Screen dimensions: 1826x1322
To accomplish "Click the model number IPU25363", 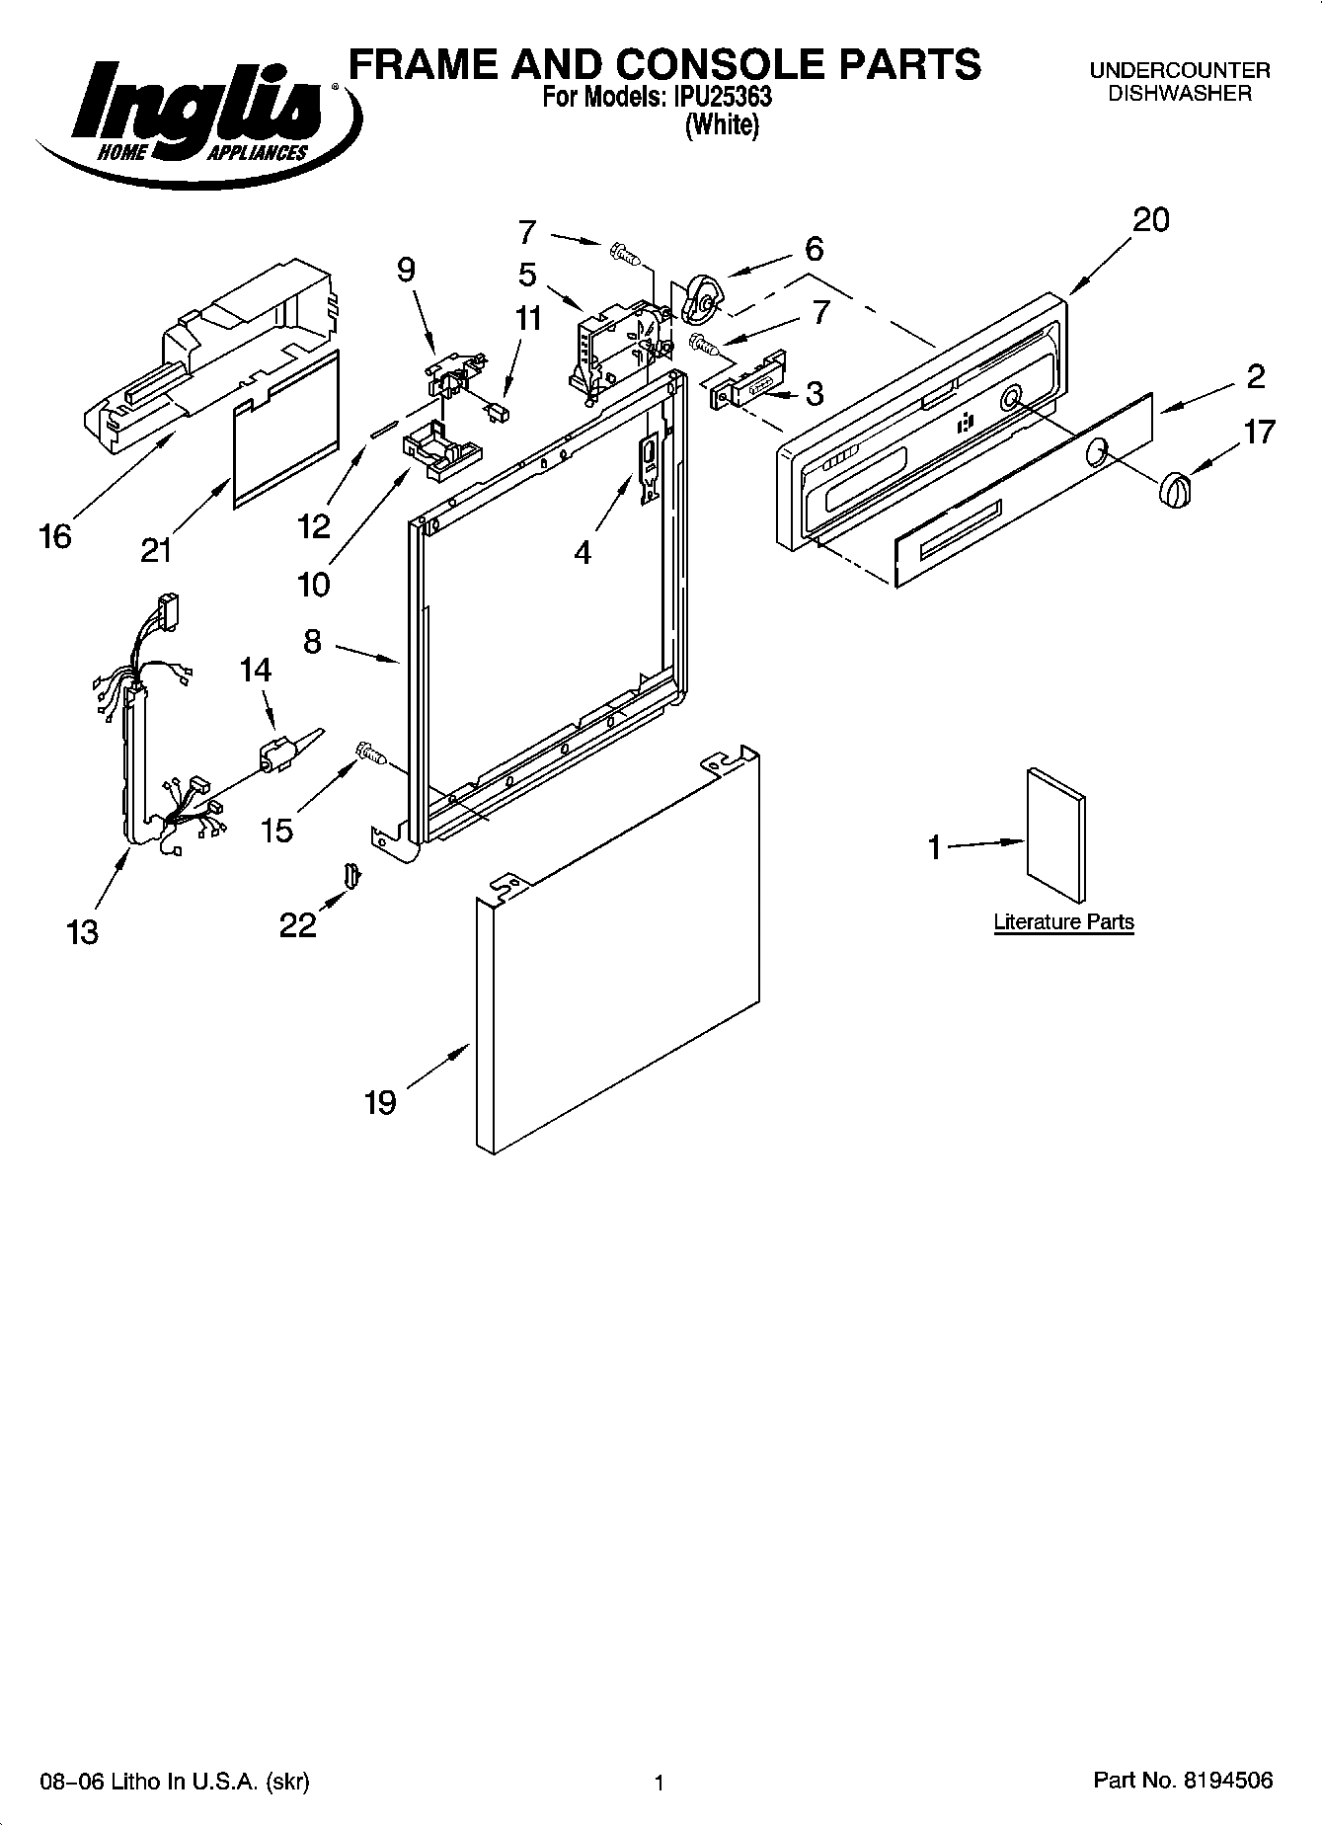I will (x=723, y=98).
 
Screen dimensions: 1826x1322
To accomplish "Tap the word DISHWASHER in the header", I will (x=1179, y=94).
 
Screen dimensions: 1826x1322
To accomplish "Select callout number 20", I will (x=1150, y=219).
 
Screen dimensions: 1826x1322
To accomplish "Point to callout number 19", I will (x=380, y=1101).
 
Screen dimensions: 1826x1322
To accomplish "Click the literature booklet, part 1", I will (x=1054, y=835).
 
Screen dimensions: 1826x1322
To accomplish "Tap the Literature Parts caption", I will (x=1063, y=922).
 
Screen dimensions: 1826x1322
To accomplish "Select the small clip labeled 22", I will (x=351, y=874).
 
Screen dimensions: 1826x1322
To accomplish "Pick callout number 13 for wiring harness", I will (x=83, y=930).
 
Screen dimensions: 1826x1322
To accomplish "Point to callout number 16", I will (x=55, y=536).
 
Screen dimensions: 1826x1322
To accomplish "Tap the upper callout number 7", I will (x=527, y=232).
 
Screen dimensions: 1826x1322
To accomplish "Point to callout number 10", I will (x=313, y=584).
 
